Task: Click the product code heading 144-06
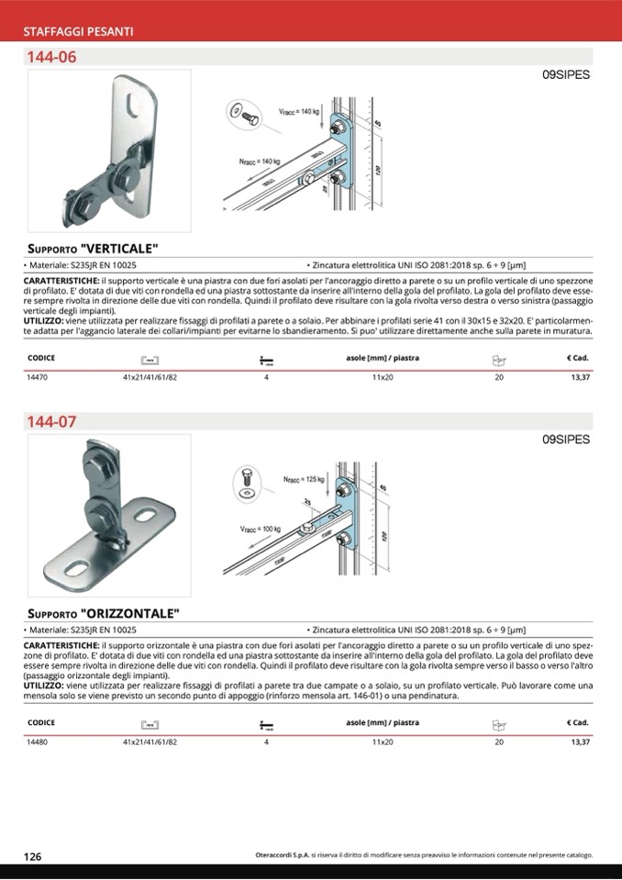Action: click(51, 57)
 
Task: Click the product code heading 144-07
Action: click(51, 422)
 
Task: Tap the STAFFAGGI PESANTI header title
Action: click(79, 32)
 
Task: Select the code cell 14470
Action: click(38, 377)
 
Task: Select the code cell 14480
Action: click(38, 741)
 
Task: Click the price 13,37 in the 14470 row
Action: click(580, 377)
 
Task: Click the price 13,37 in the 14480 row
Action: click(580, 741)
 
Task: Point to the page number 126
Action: click(32, 856)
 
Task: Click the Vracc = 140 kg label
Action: click(298, 111)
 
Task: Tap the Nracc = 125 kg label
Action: click(304, 479)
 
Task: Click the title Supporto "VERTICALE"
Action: click(93, 249)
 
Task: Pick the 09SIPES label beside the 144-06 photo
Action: click(566, 75)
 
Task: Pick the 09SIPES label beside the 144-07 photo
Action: click(566, 440)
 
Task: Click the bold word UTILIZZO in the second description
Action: click(43, 685)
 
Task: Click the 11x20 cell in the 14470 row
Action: click(383, 377)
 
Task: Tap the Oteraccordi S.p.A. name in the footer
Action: click(282, 855)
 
